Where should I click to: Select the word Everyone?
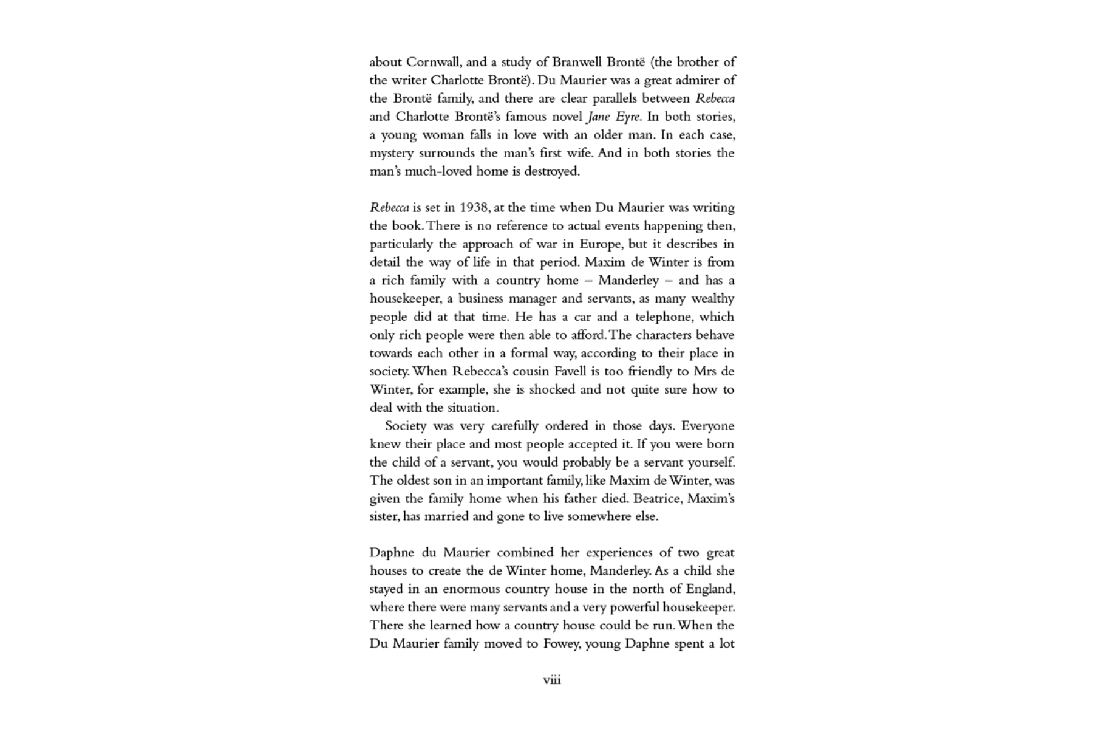(707, 426)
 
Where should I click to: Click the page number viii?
(552, 680)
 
